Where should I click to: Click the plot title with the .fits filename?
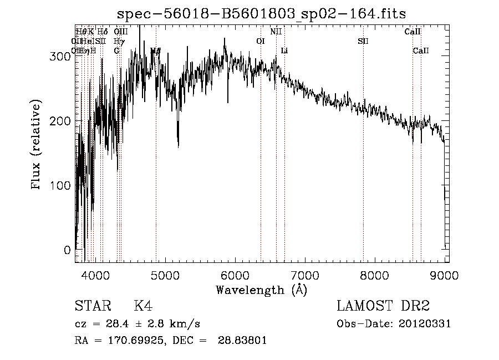[x=266, y=14]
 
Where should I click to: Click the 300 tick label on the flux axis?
[x=62, y=57]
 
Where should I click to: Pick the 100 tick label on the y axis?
[x=62, y=185]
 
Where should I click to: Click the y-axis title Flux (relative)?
[x=37, y=146]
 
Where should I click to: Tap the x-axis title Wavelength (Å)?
[x=261, y=290]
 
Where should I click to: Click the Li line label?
[x=284, y=51]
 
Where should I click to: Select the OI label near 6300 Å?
[x=261, y=41]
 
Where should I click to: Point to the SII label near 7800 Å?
[x=363, y=41]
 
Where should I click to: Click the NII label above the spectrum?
[x=276, y=32]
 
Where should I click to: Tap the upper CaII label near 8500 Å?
[x=413, y=32]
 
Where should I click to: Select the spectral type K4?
[x=144, y=306]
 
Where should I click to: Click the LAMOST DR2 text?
[x=383, y=306]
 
